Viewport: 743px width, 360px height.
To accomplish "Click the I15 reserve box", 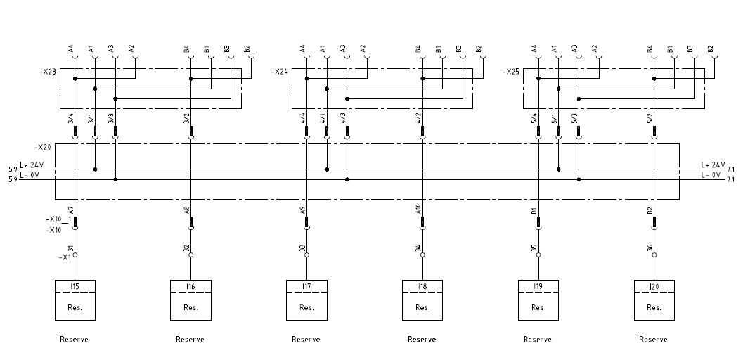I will point(75,300).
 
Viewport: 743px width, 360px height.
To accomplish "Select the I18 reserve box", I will point(422,300).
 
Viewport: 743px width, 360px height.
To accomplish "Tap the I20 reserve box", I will point(654,300).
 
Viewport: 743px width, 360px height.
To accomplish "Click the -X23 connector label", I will point(47,71).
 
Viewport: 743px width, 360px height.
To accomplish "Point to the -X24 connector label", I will point(279,71).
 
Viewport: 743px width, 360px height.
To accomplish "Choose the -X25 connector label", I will point(512,71).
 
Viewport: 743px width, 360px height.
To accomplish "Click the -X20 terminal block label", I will point(42,148).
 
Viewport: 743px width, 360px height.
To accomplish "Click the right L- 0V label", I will point(711,174).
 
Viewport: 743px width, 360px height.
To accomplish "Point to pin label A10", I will point(418,210).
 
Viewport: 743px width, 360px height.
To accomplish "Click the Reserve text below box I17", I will point(306,340).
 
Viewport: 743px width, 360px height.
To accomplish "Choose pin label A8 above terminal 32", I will point(186,210).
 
